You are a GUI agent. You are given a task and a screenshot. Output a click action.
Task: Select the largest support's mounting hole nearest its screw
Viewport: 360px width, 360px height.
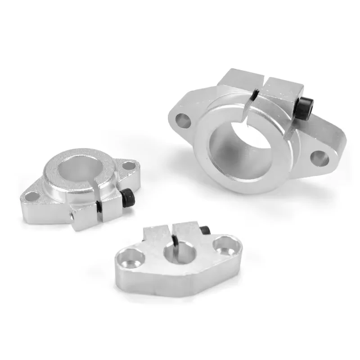click(319, 157)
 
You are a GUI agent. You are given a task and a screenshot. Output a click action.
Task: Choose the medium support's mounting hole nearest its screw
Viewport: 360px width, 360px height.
click(129, 166)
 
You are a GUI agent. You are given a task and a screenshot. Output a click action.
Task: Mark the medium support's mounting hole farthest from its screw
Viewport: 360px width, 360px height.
click(32, 196)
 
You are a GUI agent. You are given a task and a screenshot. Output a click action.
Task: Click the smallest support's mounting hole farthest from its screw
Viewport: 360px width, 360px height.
click(134, 258)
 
